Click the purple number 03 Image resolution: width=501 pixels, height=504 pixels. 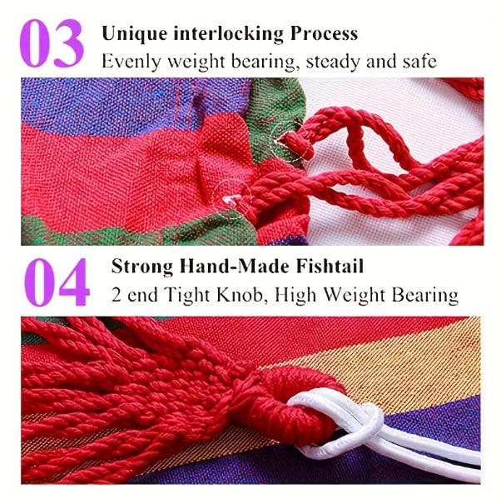tap(52, 42)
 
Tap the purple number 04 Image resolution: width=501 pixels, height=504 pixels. tap(57, 282)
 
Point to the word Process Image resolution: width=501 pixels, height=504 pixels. tap(324, 33)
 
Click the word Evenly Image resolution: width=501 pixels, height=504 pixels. tap(131, 62)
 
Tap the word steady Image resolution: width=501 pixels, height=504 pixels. tap(334, 62)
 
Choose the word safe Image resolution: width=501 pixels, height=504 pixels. tap(419, 61)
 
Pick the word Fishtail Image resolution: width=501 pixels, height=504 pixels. tap(330, 266)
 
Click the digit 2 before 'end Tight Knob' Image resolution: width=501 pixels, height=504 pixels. tap(116, 294)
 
